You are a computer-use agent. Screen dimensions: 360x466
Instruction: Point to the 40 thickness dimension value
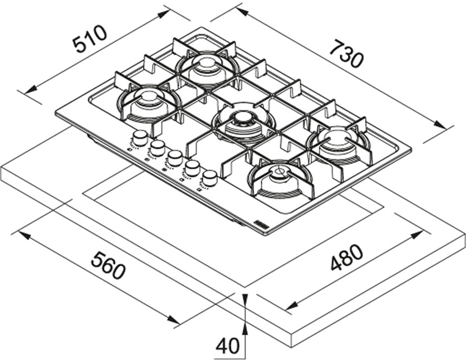coord(228,345)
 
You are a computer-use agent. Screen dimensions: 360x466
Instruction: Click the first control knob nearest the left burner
coord(140,138)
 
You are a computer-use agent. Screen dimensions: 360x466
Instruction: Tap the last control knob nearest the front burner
coord(209,178)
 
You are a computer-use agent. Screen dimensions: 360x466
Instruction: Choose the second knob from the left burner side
coord(158,147)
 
